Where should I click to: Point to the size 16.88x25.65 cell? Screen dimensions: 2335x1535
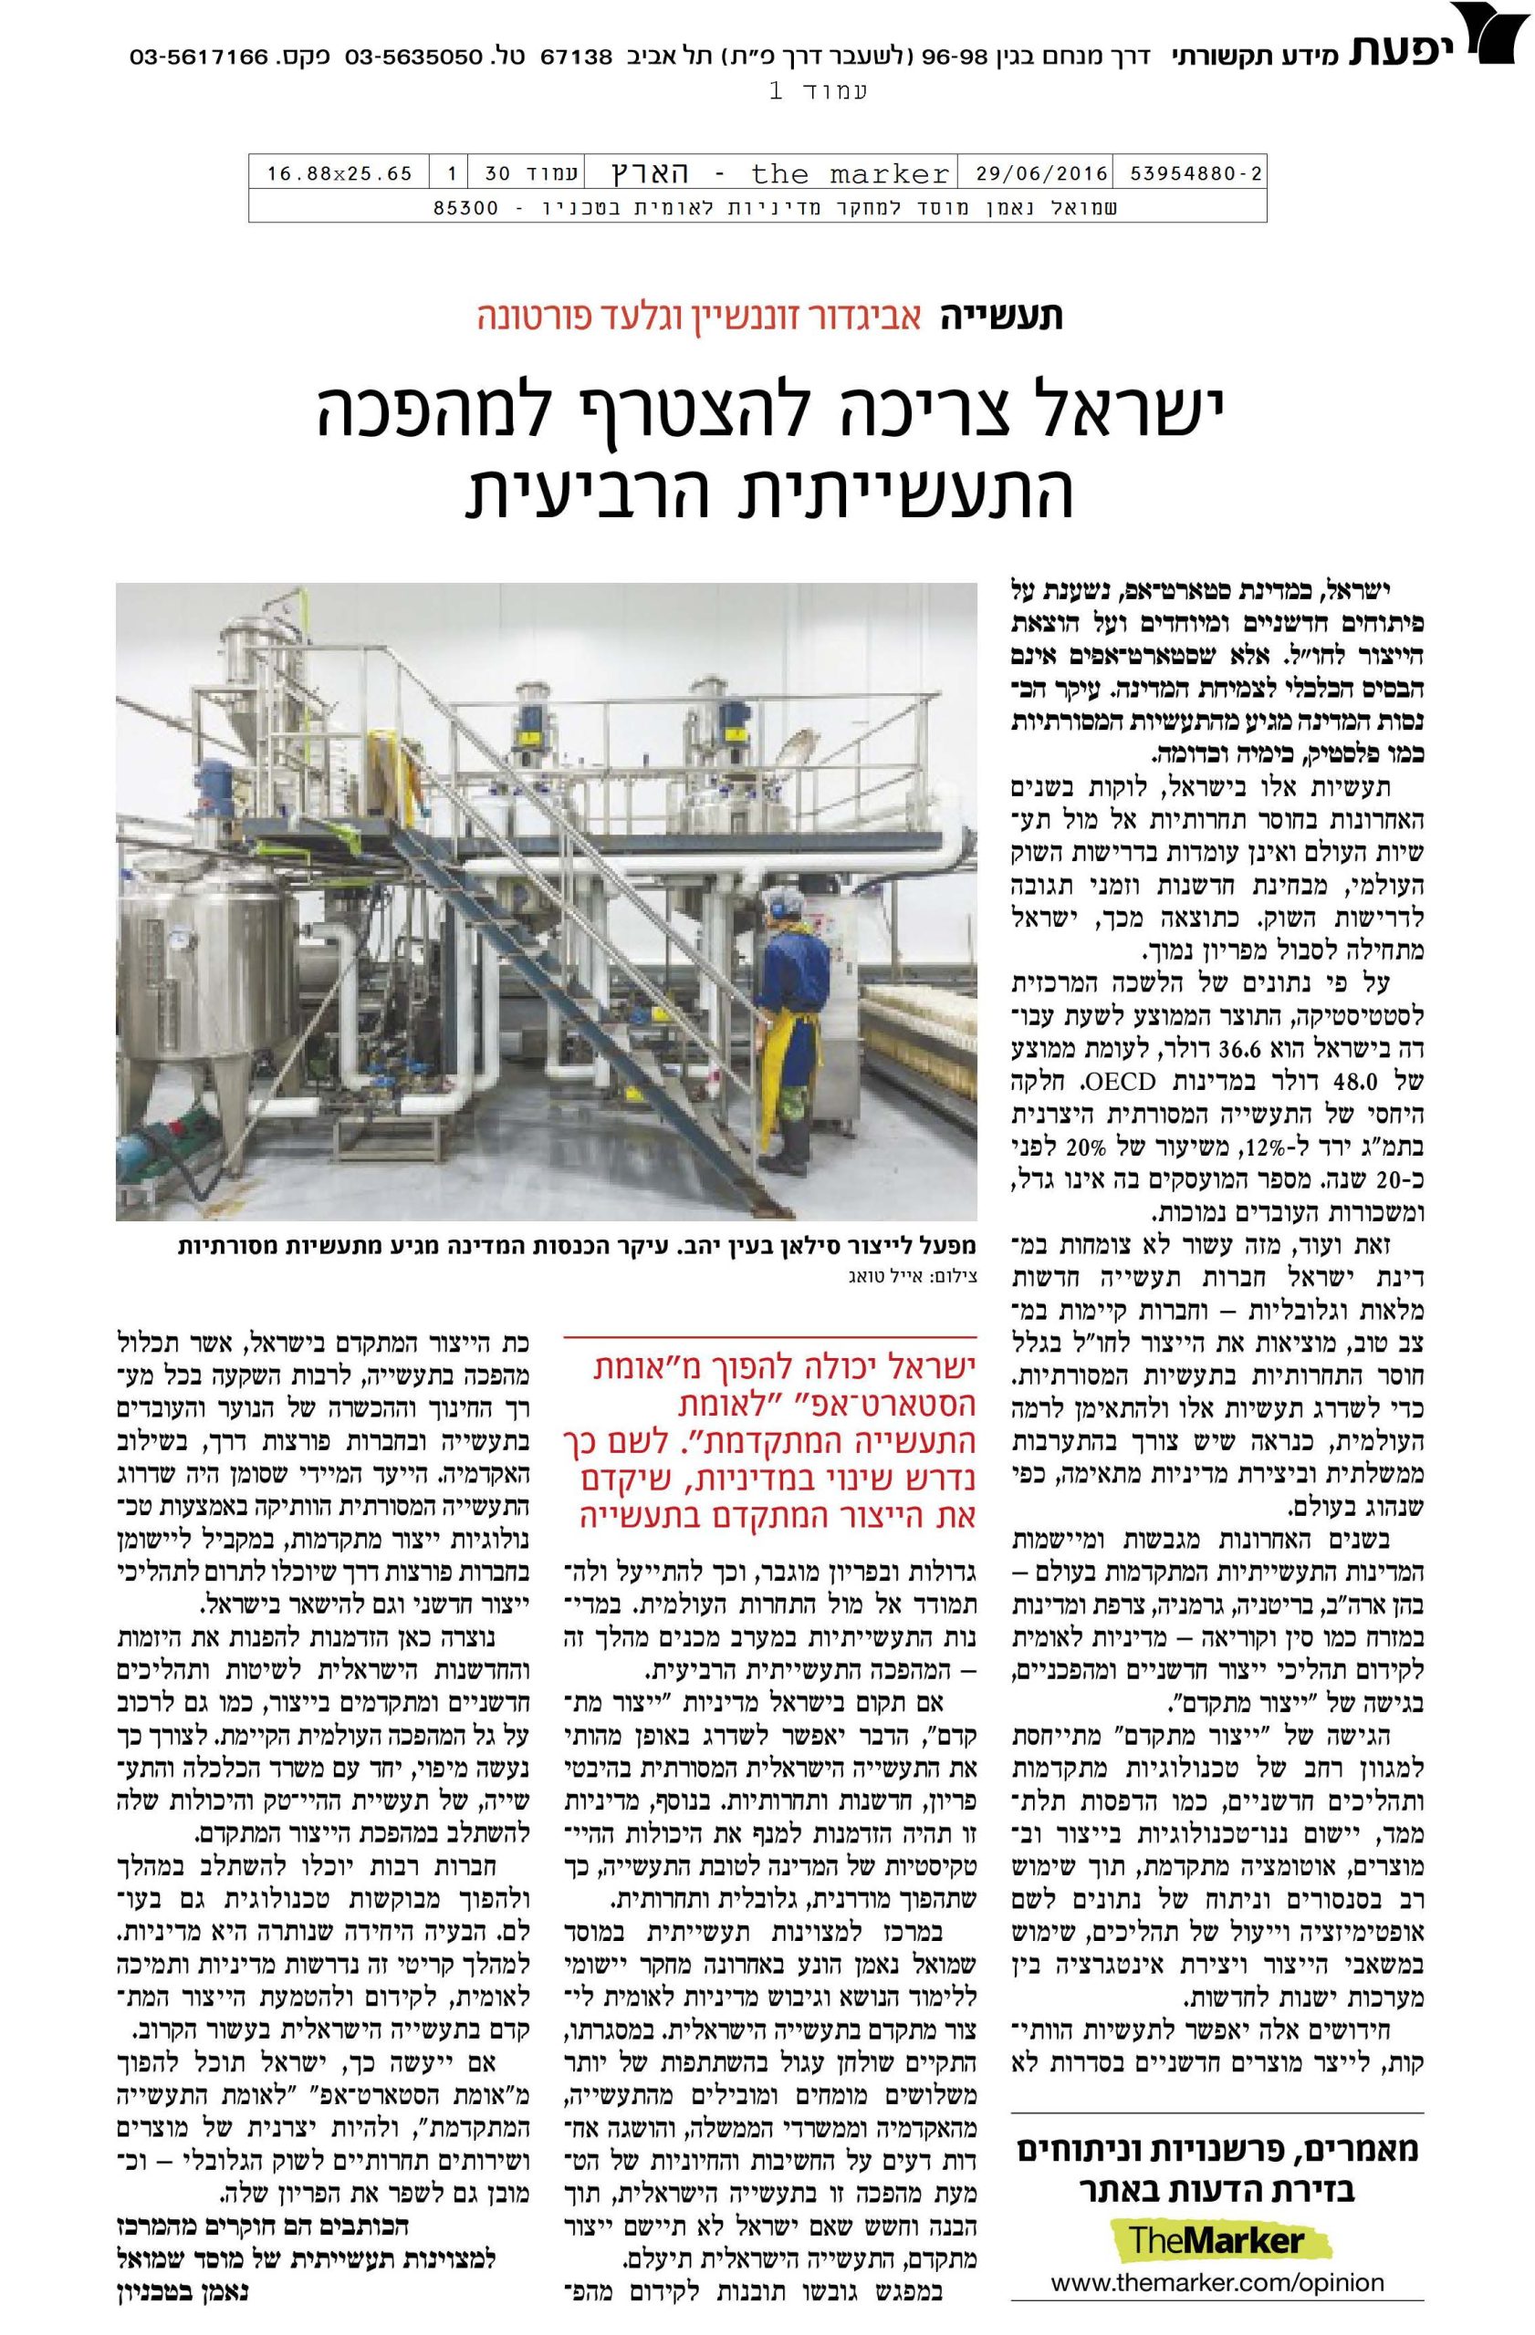[339, 174]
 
